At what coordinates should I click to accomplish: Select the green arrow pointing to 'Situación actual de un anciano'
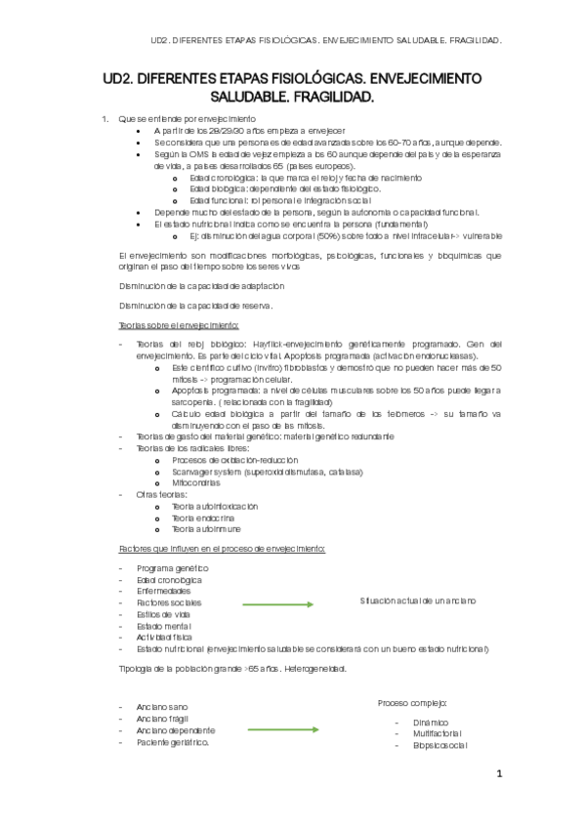[278, 604]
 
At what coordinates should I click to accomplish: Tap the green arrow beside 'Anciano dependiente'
[282, 729]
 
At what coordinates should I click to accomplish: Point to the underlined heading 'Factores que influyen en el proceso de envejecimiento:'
[222, 549]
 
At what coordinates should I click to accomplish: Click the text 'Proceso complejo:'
[412, 703]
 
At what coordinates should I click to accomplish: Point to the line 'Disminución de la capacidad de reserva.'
[194, 305]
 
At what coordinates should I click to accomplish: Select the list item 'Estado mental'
[165, 626]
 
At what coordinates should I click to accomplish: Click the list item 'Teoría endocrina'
[203, 517]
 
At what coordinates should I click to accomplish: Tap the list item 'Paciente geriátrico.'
[173, 742]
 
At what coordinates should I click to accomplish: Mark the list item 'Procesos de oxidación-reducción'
[234, 459]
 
